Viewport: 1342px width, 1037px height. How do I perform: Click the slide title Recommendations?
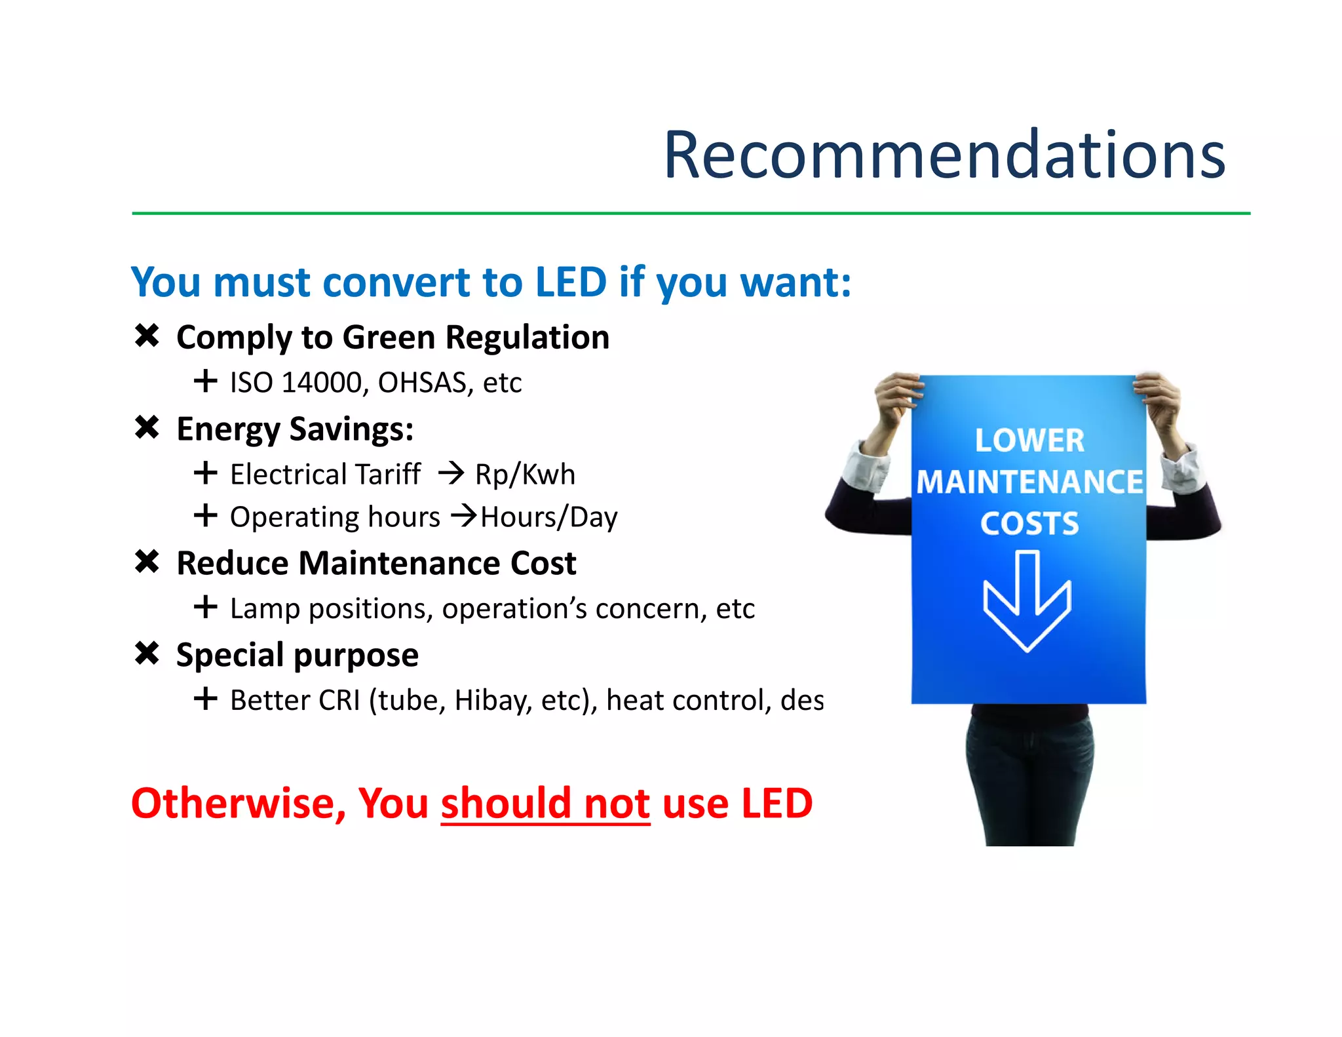tap(944, 155)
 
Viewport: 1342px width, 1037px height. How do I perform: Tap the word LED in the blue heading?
tap(571, 283)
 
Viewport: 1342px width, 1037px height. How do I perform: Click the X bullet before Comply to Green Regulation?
tap(147, 336)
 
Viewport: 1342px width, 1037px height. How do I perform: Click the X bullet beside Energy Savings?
tap(147, 427)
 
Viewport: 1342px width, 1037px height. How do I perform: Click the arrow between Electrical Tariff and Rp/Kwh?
tap(451, 473)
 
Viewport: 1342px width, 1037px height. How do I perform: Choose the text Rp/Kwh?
tap(525, 475)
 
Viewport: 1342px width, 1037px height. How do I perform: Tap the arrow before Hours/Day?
tap(465, 516)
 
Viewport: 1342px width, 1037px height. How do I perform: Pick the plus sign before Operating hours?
tap(206, 515)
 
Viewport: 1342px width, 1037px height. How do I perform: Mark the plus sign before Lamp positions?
tap(206, 607)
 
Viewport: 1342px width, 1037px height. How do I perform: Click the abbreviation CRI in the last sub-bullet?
tap(339, 701)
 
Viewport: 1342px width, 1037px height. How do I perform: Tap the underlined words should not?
tap(545, 804)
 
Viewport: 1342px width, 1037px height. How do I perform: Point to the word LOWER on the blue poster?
tap(1029, 440)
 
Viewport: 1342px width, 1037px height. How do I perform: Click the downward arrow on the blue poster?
tap(1027, 600)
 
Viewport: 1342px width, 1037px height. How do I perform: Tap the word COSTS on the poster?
tap(1029, 524)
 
